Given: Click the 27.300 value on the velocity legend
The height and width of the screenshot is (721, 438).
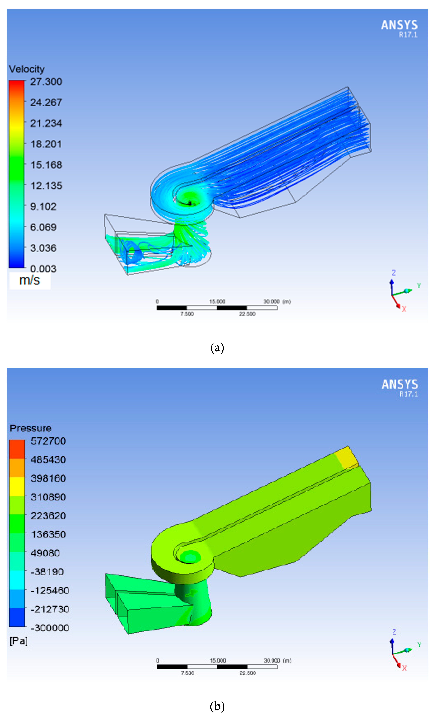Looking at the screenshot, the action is (46, 82).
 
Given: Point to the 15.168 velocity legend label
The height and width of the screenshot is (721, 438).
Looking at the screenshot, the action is (46, 165).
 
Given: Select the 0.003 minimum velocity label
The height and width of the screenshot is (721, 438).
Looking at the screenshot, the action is (43, 269).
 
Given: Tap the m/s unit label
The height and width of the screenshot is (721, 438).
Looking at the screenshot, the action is (30, 280).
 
